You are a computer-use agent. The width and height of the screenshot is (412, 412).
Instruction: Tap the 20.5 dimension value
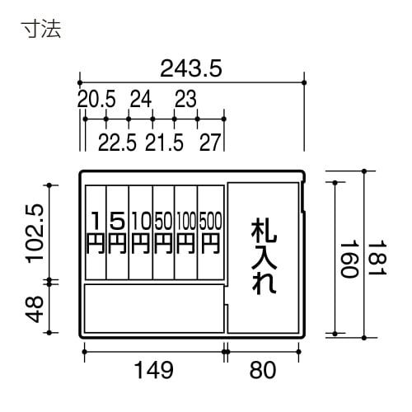tap(96, 101)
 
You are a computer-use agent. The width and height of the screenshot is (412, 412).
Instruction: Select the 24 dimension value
tap(141, 101)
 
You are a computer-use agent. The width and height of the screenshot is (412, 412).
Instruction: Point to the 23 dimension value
tap(185, 101)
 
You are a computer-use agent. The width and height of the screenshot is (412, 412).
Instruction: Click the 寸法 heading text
tap(41, 30)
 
